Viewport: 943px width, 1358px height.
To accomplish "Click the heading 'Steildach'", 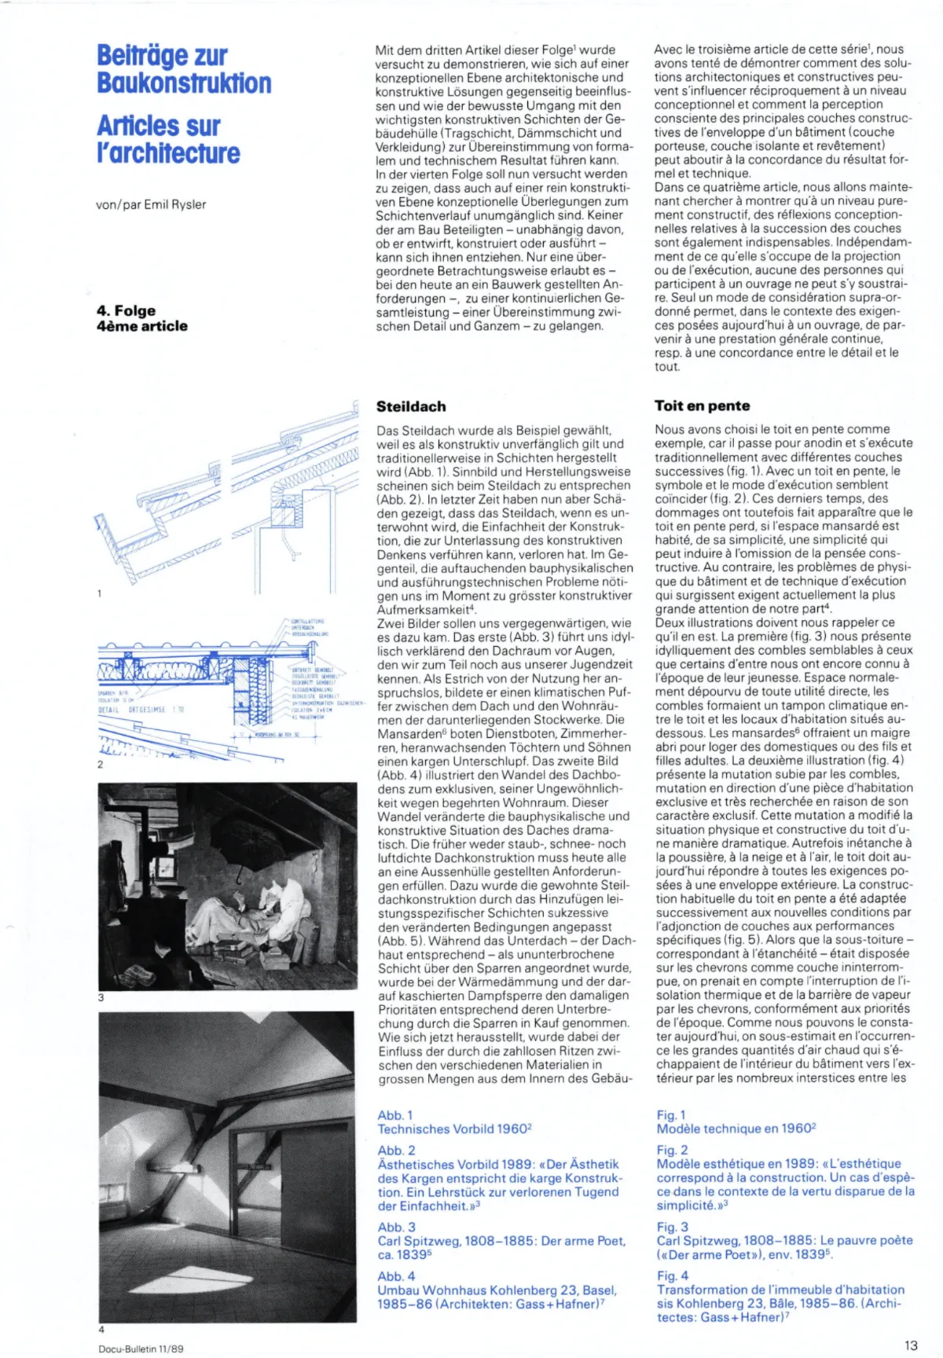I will click(x=411, y=406).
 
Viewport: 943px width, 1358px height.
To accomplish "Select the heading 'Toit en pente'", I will click(x=702, y=406).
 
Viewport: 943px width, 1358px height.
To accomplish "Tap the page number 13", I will click(x=911, y=1345).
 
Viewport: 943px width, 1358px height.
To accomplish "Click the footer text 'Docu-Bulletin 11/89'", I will click(x=141, y=1349).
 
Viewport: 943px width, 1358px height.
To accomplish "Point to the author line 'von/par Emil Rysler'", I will click(x=151, y=204).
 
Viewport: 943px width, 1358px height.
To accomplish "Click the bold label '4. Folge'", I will click(x=126, y=310).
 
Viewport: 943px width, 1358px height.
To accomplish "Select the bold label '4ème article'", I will click(x=142, y=326).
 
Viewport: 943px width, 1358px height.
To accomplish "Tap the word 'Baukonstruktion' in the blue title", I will click(x=184, y=83).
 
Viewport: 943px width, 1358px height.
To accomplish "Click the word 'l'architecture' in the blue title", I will click(x=168, y=153).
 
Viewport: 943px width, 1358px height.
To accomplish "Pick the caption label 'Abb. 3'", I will click(x=397, y=1227).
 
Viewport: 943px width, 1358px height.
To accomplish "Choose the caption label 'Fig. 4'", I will click(x=673, y=1275).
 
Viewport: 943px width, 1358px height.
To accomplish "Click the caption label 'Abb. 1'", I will click(x=395, y=1115).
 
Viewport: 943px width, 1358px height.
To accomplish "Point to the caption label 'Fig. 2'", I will click(x=673, y=1150).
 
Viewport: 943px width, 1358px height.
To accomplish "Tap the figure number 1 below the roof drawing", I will click(x=100, y=593).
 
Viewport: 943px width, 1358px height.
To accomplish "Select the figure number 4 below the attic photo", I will click(x=101, y=1330).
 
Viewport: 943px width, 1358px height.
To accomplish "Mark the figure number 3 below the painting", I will click(x=101, y=997).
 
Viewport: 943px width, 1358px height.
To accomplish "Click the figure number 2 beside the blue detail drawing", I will click(x=100, y=764).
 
